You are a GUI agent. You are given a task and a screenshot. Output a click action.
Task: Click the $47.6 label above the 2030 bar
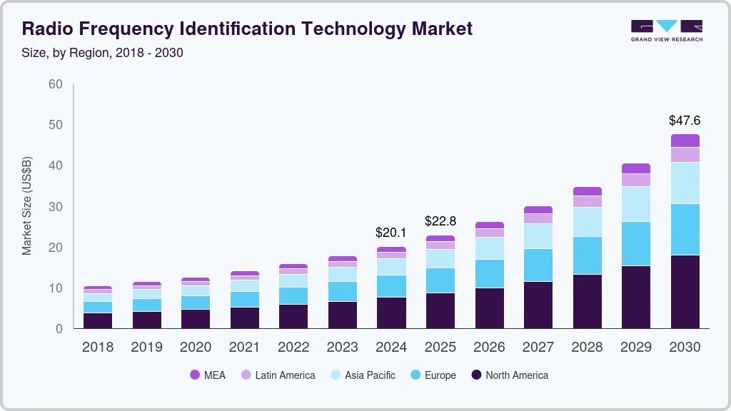point(685,121)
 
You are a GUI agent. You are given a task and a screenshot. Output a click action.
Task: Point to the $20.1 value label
point(391,233)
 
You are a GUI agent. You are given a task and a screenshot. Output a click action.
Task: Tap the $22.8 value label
point(440,221)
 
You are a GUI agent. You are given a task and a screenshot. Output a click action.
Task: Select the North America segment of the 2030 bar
point(685,291)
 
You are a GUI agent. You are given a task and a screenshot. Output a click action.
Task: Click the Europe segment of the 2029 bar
point(635,243)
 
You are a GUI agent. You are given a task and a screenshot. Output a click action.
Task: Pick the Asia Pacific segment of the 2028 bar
point(587,222)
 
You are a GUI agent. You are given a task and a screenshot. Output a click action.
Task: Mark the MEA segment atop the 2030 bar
point(685,141)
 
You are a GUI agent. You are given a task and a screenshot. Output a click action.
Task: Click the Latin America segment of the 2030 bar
point(685,155)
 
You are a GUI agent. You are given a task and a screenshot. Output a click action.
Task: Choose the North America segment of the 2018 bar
point(98,320)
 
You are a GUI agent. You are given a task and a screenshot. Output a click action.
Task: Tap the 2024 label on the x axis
point(391,347)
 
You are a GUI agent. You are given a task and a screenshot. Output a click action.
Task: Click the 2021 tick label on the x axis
point(244,347)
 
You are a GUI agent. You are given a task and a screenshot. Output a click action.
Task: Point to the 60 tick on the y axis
point(55,84)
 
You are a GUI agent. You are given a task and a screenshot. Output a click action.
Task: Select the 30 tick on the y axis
point(55,207)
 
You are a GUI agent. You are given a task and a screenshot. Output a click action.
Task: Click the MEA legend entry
point(208,375)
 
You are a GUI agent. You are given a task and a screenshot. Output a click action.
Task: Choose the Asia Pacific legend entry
point(363,375)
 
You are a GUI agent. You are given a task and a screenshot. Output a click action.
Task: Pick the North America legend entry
point(510,375)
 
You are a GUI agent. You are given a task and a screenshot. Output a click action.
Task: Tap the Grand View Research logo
point(666,31)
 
